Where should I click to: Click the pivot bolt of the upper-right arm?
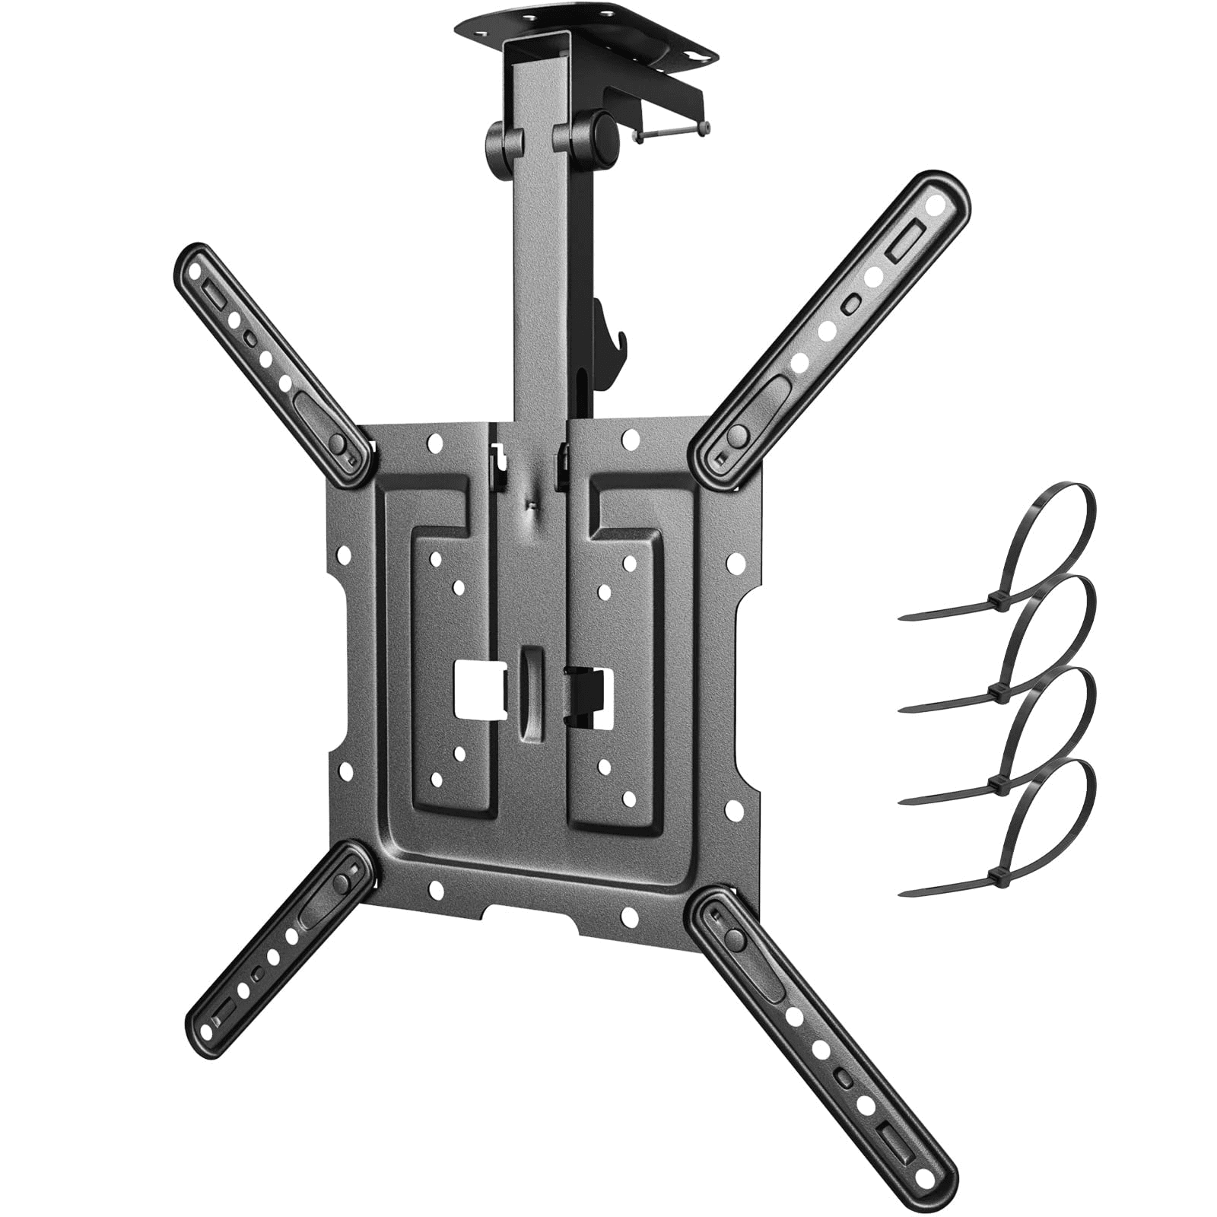coord(736,436)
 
